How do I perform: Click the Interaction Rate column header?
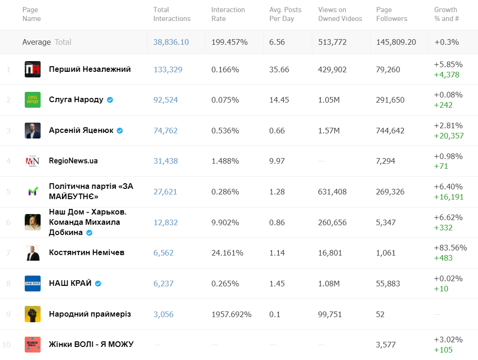pyautogui.click(x=228, y=14)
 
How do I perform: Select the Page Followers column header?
pyautogui.click(x=392, y=14)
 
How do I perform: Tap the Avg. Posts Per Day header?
pyautogui.click(x=285, y=14)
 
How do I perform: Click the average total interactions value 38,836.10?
pyautogui.click(x=171, y=42)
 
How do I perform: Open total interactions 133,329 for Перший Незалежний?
pyautogui.click(x=168, y=69)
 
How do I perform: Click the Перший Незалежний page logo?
pyautogui.click(x=33, y=69)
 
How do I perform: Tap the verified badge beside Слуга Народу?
pyautogui.click(x=110, y=100)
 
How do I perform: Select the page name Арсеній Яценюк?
pyautogui.click(x=81, y=131)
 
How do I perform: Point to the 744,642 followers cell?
pyautogui.click(x=390, y=131)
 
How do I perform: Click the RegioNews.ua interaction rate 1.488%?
pyautogui.click(x=225, y=161)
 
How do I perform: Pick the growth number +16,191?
pyautogui.click(x=449, y=197)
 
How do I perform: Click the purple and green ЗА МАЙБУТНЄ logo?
pyautogui.click(x=33, y=192)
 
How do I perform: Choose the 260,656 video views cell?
pyautogui.click(x=332, y=222)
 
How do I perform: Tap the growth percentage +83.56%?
pyautogui.click(x=450, y=248)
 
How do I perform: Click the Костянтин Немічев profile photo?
pyautogui.click(x=33, y=253)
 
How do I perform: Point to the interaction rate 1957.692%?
pyautogui.click(x=231, y=314)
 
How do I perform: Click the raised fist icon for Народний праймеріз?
pyautogui.click(x=33, y=314)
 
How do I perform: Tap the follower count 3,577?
pyautogui.click(x=386, y=345)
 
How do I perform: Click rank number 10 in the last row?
pyautogui.click(x=7, y=345)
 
